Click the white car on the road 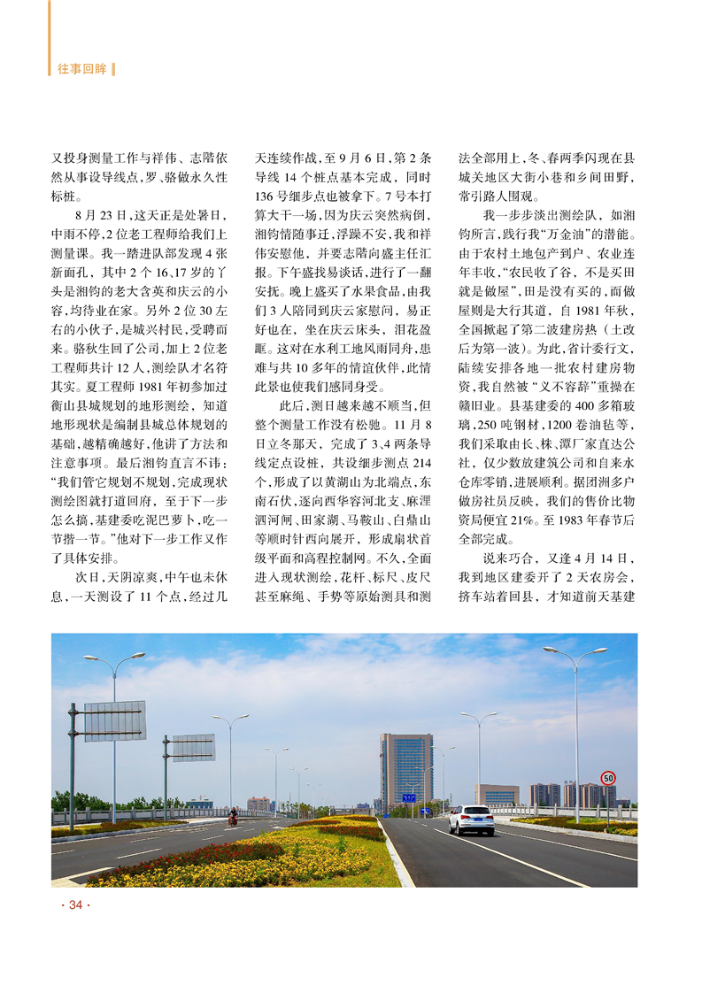point(470,820)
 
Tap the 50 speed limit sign point(607,778)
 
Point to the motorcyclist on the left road point(234,817)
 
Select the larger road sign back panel point(114,720)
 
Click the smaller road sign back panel point(192,747)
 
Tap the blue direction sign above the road point(408,797)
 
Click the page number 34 point(74,904)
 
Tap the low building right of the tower point(497,794)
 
